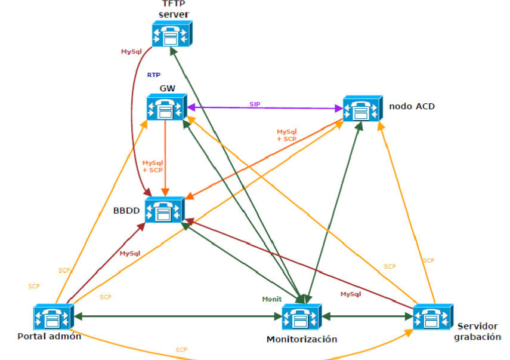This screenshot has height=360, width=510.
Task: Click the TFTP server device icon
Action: coord(172,34)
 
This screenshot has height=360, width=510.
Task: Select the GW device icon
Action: coord(167,107)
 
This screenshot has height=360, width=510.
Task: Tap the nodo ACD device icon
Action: coord(363,109)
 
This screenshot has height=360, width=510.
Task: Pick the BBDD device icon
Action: coord(165,210)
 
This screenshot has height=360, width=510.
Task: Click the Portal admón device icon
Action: coord(54,317)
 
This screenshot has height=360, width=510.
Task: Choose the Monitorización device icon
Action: coord(301,317)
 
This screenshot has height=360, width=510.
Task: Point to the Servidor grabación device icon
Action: coord(433,317)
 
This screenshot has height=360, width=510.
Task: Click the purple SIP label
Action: coord(255,104)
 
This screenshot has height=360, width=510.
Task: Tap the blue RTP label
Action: coord(154,75)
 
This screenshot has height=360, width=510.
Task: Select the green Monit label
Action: coord(272,299)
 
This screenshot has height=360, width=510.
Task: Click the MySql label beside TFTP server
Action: coord(131,51)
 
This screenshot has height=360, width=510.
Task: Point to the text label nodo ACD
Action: coord(412,106)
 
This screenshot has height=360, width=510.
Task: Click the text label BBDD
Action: coord(126,211)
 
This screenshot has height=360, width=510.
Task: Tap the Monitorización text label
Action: coord(302,339)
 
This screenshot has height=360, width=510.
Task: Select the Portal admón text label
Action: coord(49,336)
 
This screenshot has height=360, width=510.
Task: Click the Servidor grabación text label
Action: coord(477,331)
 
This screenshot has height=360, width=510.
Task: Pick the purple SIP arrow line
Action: coord(265,107)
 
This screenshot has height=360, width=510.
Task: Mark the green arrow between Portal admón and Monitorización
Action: coord(178,316)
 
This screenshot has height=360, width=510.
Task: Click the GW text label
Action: coord(168,88)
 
